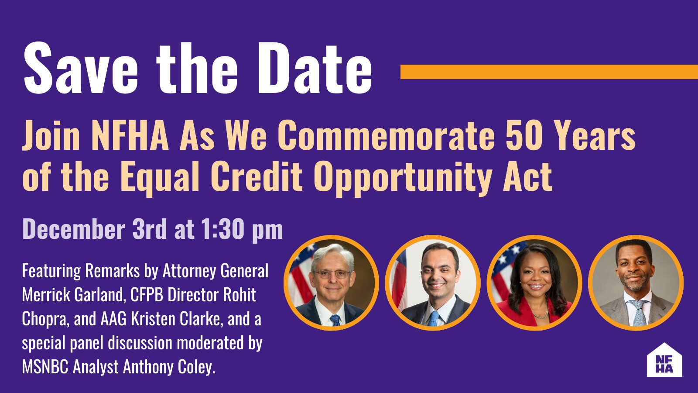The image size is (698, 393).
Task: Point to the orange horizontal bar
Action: (549, 72)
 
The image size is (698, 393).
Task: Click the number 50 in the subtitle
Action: (523, 135)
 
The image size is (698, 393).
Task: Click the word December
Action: (73, 229)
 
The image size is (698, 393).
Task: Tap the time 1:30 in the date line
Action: (222, 229)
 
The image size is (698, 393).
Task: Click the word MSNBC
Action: (45, 367)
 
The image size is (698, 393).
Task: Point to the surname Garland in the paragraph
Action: (99, 295)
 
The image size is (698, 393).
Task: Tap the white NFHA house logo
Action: (664, 361)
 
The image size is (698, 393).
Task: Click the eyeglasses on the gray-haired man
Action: (332, 274)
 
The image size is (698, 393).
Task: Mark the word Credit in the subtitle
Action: (256, 177)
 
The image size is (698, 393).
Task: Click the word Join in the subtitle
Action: (51, 135)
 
